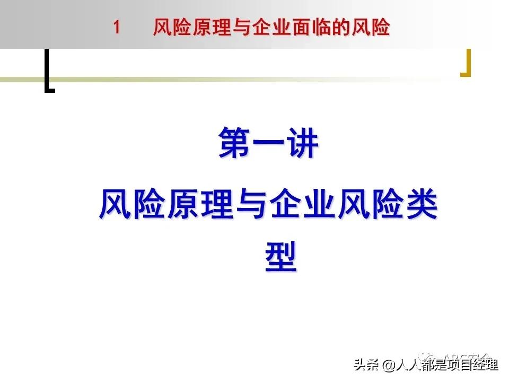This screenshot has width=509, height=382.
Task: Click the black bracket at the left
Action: coord(48,71)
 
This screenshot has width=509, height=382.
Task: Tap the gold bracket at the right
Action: coord(467,64)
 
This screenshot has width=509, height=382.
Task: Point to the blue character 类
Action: coord(422,205)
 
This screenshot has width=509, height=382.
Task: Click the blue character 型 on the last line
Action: coord(280,257)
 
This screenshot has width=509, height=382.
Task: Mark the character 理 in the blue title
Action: coord(218,205)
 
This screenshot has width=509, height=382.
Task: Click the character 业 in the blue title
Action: coord(320,205)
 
